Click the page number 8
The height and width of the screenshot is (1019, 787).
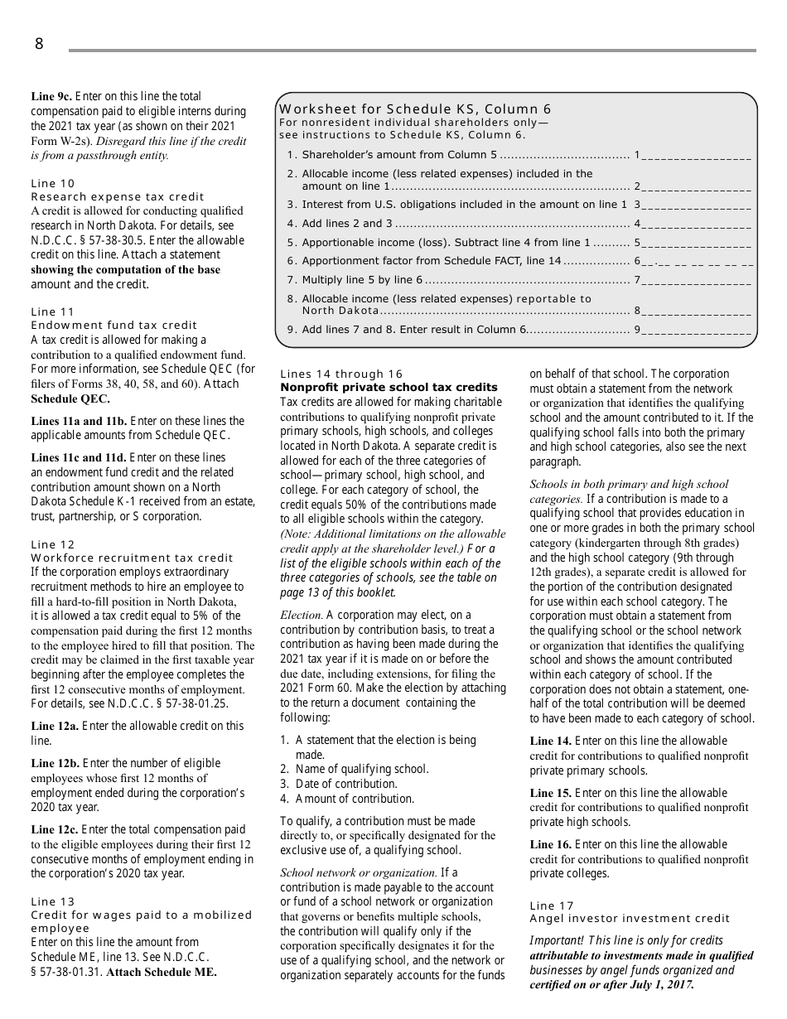[x=39, y=45]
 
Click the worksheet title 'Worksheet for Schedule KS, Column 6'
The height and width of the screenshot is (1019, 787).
[x=415, y=109]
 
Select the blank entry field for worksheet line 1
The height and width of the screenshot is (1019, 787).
[x=696, y=154]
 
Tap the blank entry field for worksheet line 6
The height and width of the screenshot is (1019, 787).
[x=696, y=261]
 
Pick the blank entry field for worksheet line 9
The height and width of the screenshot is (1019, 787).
[x=696, y=330]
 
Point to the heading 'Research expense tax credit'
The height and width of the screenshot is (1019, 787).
[x=118, y=196]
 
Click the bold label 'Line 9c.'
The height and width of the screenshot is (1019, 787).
[x=51, y=96]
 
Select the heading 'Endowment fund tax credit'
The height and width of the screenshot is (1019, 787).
[x=114, y=325]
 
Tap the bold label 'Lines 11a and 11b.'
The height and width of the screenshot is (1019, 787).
[x=79, y=421]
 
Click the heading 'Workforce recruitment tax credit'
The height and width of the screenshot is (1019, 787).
[x=133, y=558]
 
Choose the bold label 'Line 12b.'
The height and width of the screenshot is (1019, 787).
[x=55, y=763]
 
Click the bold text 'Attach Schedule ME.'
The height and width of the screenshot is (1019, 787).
[x=162, y=973]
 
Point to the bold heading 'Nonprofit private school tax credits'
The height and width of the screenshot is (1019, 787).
[x=389, y=387]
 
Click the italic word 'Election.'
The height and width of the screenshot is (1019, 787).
[x=302, y=615]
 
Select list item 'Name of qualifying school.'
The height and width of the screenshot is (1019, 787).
[x=362, y=769]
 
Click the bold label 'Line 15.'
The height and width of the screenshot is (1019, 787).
[x=550, y=793]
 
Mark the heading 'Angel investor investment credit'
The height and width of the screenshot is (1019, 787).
[x=630, y=918]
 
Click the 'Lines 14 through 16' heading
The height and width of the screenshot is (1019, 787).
[x=341, y=374]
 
